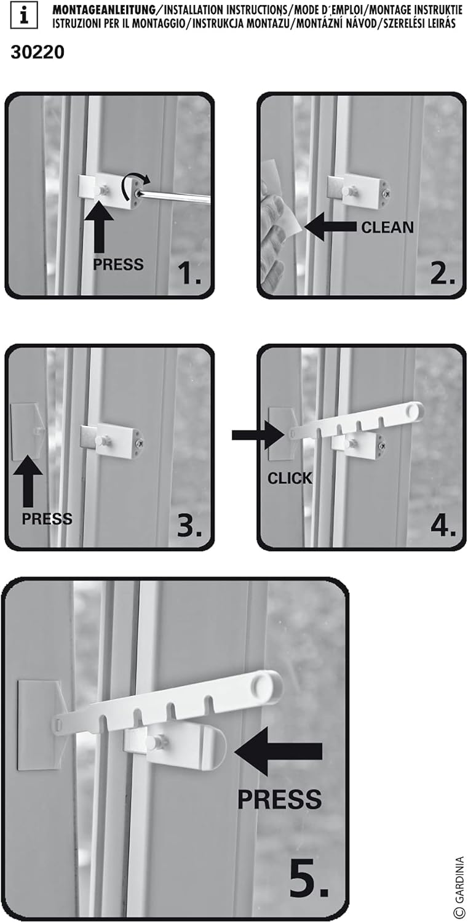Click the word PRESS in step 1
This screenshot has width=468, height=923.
(x=118, y=265)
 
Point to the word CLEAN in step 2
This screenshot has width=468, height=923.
(x=387, y=227)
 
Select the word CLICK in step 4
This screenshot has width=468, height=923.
(x=290, y=478)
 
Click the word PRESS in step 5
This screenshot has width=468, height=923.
(x=279, y=799)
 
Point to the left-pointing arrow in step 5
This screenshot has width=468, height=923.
(x=278, y=749)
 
